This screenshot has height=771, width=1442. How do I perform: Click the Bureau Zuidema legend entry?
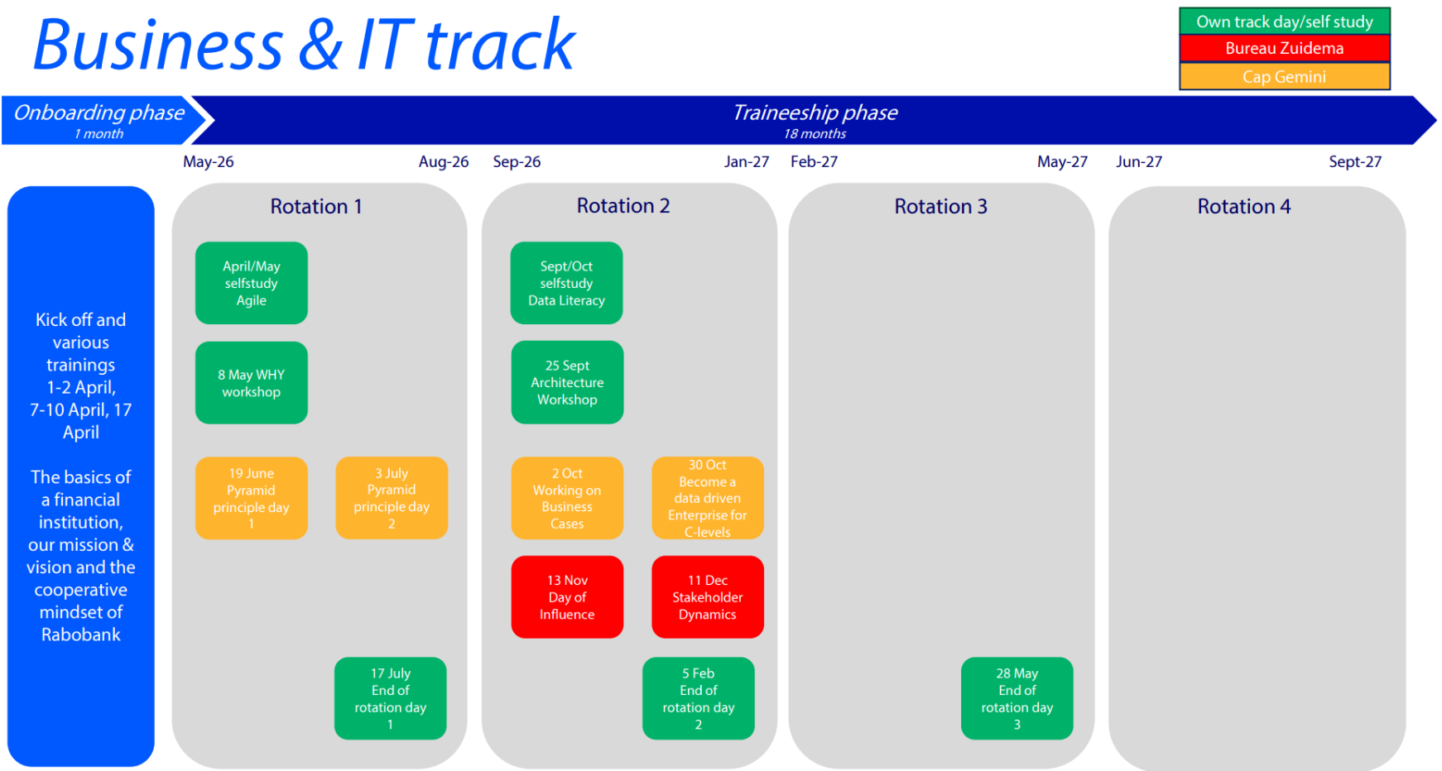1284,48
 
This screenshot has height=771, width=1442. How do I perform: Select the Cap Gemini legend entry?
1284,77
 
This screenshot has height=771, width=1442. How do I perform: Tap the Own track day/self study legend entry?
1284,22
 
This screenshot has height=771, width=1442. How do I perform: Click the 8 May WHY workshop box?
251,383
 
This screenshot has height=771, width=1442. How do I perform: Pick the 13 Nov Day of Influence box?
567,597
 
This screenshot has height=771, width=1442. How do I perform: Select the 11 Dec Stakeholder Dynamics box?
707,597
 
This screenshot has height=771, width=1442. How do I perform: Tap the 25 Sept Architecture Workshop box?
567,383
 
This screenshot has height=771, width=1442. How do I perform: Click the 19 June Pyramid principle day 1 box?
251,498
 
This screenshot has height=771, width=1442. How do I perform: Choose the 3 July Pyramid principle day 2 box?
392,498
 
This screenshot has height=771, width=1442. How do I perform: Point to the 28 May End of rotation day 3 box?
1017,698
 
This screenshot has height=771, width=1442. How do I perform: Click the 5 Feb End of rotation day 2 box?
698,698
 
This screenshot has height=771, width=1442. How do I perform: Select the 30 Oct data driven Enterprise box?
707,498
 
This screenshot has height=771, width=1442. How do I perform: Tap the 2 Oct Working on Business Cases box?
567,498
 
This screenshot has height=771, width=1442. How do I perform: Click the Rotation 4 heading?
1243,207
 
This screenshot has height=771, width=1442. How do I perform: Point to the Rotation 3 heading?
940,207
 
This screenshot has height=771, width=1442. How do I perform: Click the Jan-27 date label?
746,162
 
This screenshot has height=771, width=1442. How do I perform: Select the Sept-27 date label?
1354,162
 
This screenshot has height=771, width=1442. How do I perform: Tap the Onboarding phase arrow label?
99,113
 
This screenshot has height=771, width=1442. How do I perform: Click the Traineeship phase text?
815,113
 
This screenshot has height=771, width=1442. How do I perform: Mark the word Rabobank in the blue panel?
81,635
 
